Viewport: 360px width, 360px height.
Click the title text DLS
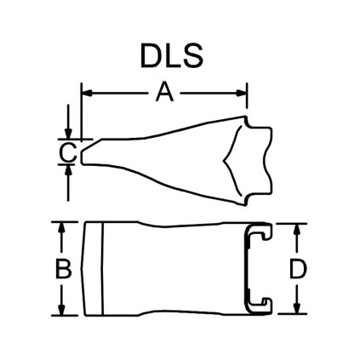pos(171,54)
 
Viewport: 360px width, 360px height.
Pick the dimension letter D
pos(297,270)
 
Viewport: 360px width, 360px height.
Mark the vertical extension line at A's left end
pos(81,111)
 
